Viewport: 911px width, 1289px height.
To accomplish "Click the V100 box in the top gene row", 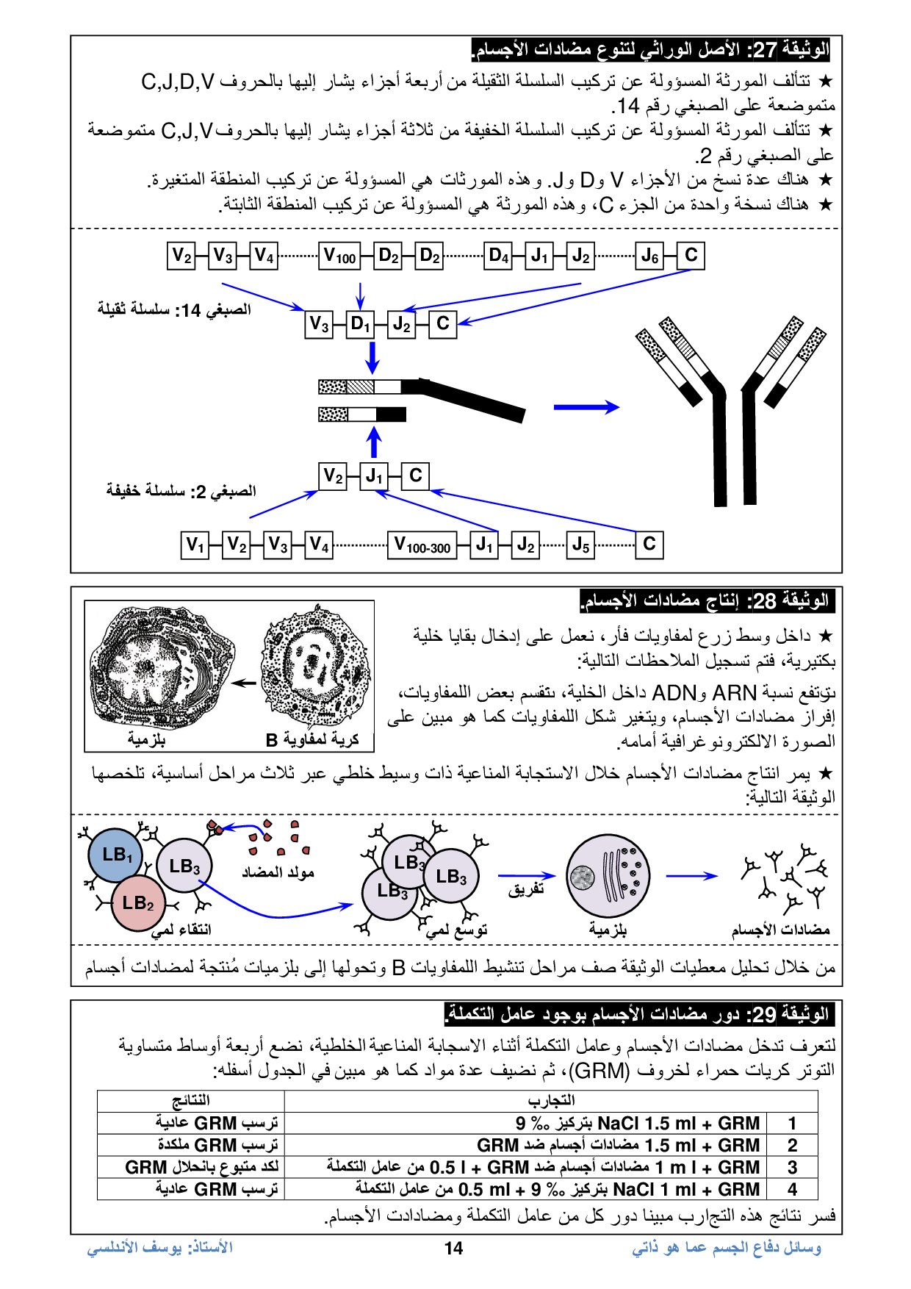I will [339, 256].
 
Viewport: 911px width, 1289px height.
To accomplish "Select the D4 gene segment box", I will [498, 256].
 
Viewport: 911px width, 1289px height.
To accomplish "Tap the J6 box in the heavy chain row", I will [649, 256].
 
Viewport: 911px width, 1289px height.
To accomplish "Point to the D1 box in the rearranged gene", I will [360, 323].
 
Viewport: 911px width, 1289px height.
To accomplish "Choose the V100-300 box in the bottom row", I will [422, 545].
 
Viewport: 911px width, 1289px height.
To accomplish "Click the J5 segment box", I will [580, 545].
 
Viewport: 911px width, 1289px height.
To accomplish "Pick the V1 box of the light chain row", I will [195, 545].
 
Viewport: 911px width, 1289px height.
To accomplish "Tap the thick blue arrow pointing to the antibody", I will [586, 406].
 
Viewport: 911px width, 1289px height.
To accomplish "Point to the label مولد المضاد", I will [278, 872].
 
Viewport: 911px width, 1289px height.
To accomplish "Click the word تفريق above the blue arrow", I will [526, 890].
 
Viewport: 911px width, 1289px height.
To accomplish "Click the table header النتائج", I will [191, 1100].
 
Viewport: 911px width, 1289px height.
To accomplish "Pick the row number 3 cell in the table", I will [792, 1167].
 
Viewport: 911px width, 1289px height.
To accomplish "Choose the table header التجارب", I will [551, 1100].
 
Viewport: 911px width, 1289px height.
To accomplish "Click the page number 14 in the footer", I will [453, 1248].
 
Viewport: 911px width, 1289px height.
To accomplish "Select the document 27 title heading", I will [650, 50].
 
